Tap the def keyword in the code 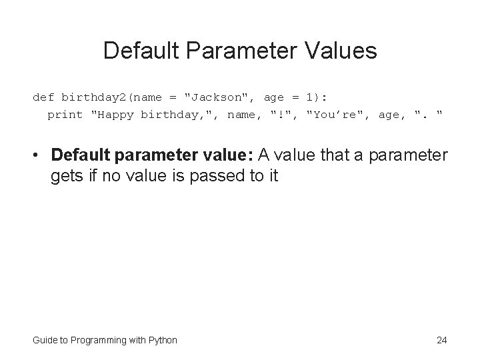(44, 97)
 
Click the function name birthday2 (97, 97)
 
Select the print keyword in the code (65, 115)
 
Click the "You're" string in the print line (337, 115)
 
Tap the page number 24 (441, 340)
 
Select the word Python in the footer (162, 340)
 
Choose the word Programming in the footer (98, 340)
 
